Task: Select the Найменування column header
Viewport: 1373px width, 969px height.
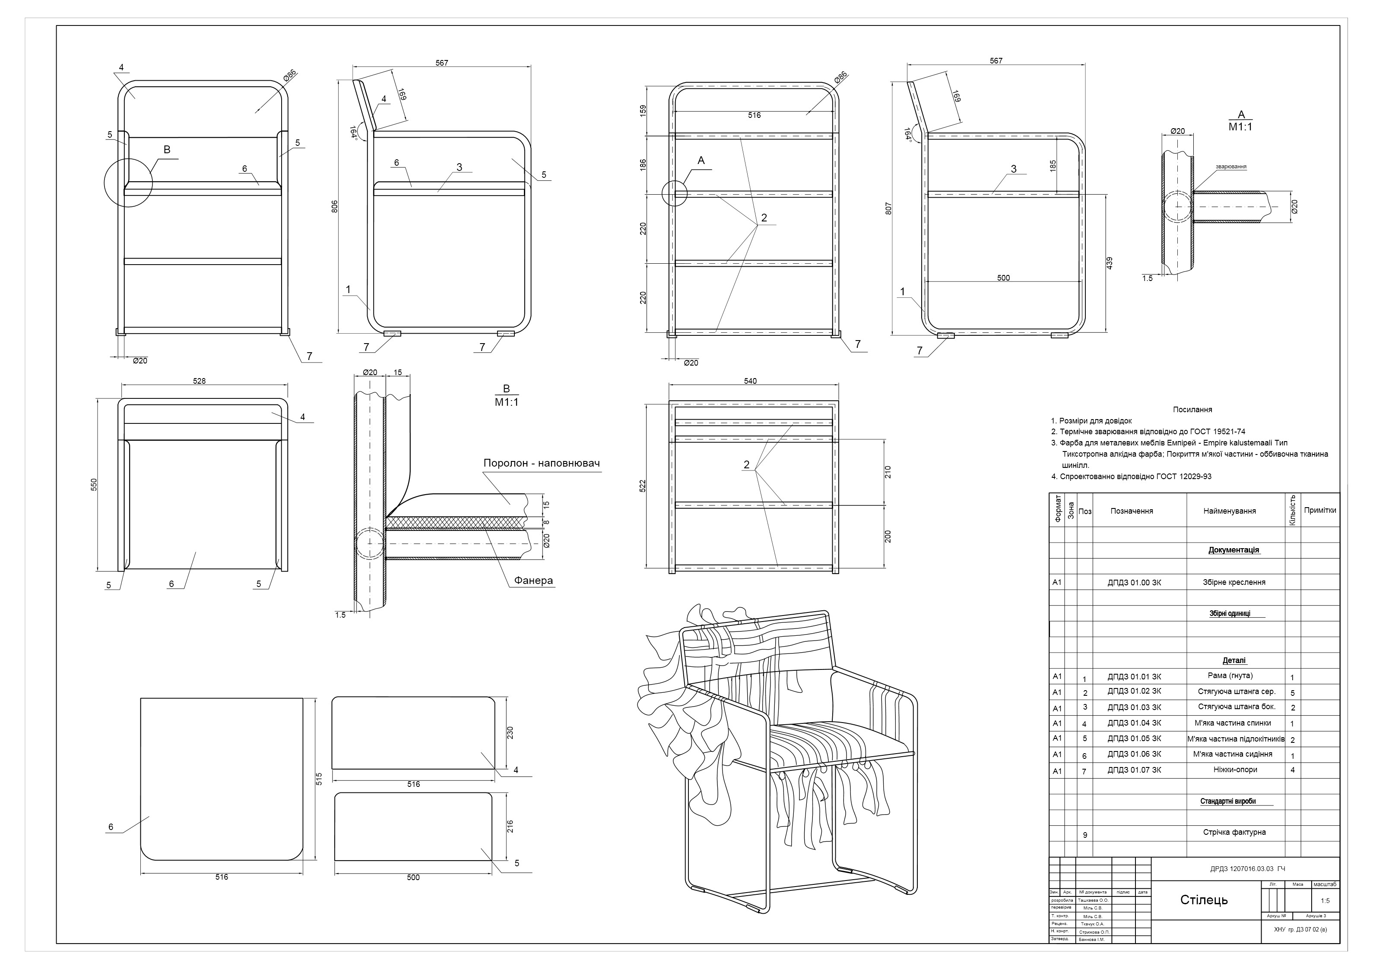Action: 1229,511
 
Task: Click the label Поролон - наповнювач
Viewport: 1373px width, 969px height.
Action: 541,463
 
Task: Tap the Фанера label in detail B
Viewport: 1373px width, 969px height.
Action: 533,581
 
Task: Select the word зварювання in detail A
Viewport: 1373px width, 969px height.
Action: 1230,167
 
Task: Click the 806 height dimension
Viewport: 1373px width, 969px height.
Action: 335,206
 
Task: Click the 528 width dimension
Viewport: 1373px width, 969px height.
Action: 199,381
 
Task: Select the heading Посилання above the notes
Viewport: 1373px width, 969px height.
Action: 1192,410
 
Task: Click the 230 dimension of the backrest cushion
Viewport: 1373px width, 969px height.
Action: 510,733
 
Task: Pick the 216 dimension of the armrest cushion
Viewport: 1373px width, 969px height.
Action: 510,827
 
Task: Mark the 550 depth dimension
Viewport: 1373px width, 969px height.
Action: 94,485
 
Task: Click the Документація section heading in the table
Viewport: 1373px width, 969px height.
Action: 1233,550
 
